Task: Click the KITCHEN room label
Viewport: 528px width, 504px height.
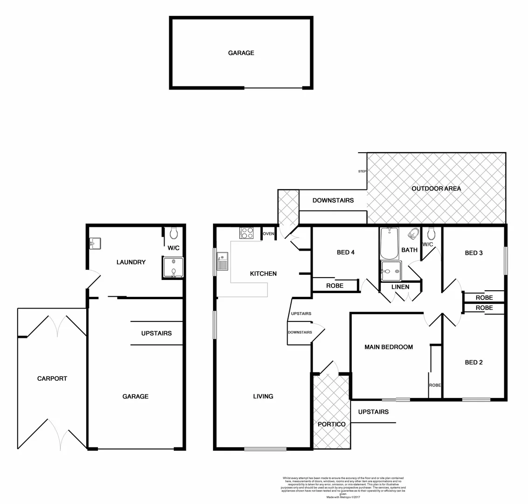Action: point(263,273)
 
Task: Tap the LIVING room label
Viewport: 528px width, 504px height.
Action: point(263,396)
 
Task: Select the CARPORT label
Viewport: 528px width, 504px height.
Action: point(52,378)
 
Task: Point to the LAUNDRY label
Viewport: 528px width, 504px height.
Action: point(131,262)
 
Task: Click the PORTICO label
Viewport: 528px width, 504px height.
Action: point(331,424)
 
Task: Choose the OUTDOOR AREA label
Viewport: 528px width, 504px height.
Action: point(436,189)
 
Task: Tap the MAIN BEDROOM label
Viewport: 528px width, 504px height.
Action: point(389,347)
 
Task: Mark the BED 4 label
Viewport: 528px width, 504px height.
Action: point(346,252)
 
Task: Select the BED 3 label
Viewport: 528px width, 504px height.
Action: point(473,253)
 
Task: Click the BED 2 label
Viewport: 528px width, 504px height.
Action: point(473,362)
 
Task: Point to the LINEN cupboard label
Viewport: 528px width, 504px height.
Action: point(400,287)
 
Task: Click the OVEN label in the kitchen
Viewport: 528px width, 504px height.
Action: point(268,234)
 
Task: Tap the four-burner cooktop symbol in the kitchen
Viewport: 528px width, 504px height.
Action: point(247,232)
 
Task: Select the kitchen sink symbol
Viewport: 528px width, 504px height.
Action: point(222,262)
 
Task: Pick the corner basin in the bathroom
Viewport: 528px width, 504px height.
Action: point(412,234)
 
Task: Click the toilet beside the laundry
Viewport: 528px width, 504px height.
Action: point(174,233)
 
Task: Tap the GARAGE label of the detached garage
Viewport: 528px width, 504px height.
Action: point(241,53)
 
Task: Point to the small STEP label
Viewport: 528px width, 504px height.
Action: point(362,171)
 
